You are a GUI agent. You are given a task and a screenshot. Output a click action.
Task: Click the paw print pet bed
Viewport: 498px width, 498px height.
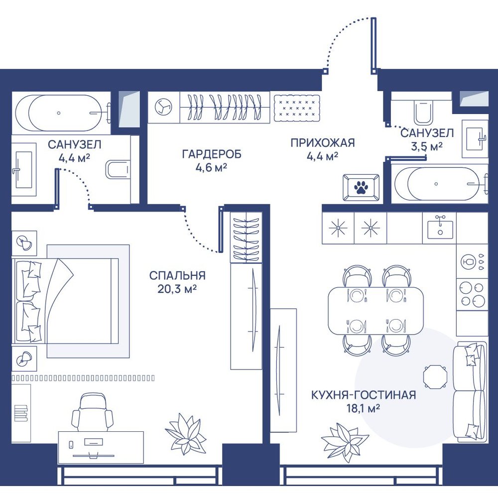(x=361, y=187)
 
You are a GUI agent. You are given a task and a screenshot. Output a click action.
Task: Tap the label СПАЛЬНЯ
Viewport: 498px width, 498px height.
(x=178, y=275)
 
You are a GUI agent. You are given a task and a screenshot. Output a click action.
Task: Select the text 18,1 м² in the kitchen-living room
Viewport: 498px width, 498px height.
(x=364, y=408)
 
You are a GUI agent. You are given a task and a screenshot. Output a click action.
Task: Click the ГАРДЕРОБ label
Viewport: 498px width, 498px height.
(x=212, y=154)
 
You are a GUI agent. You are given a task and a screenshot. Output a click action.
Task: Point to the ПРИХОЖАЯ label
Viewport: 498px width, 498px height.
(x=323, y=143)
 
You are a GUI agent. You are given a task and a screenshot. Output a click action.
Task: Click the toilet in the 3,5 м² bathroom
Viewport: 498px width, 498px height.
(x=423, y=112)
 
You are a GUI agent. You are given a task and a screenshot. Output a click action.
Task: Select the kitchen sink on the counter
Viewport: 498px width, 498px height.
(x=440, y=228)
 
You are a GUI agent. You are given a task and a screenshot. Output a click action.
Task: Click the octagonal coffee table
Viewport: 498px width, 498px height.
(x=435, y=376)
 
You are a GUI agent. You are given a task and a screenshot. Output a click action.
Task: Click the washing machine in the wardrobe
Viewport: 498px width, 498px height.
(x=164, y=107)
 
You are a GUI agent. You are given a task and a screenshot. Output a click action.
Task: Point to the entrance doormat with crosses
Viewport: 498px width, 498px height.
(x=297, y=108)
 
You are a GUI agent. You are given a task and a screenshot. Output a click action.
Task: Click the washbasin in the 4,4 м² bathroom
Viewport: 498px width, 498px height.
(x=24, y=170)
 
